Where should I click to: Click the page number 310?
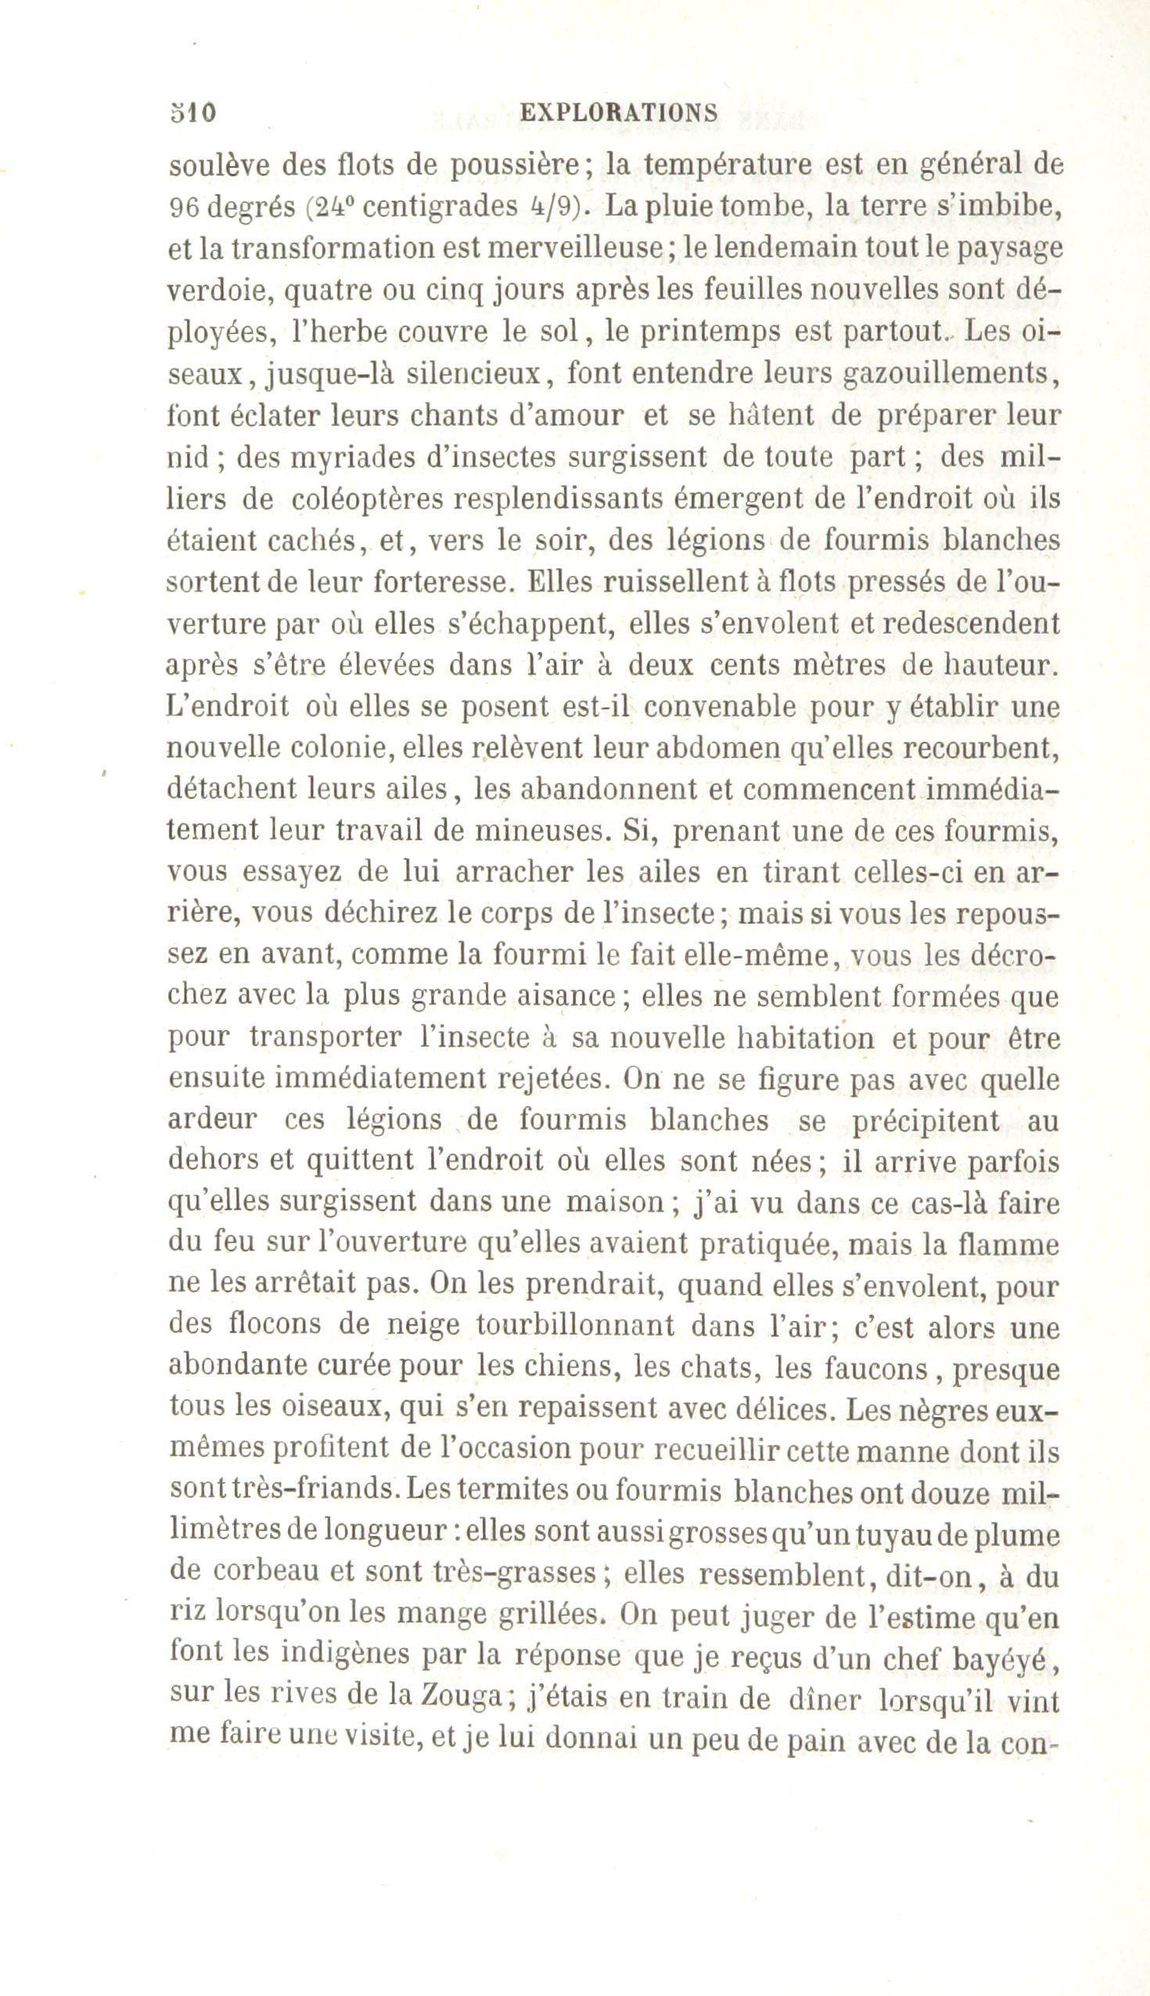(192, 112)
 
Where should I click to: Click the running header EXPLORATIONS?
(620, 112)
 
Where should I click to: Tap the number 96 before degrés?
(184, 207)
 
